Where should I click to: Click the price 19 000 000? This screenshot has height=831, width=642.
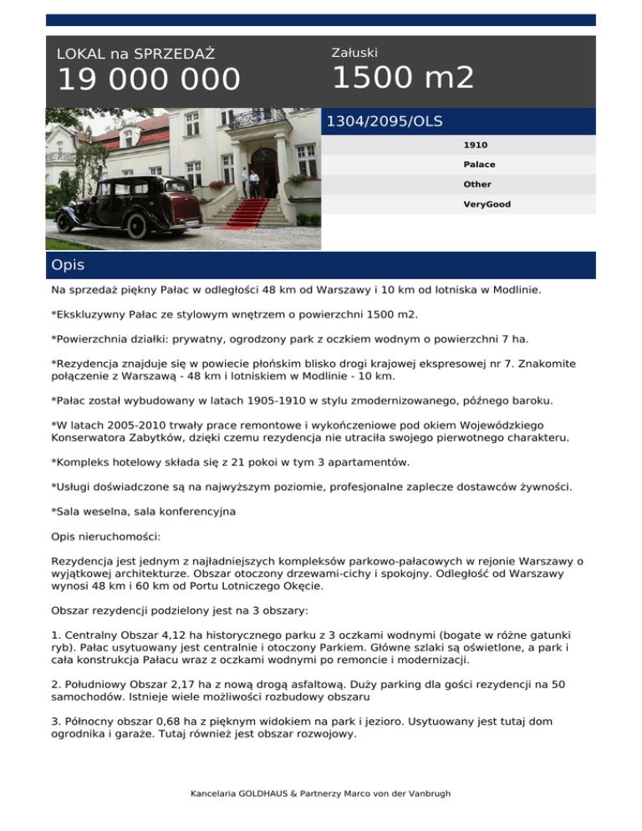[148, 81]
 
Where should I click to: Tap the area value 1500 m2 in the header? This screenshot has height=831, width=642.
[403, 79]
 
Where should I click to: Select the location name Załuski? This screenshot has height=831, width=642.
[354, 53]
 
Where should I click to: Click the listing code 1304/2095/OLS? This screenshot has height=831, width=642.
[384, 122]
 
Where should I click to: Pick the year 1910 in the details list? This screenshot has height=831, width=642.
[476, 145]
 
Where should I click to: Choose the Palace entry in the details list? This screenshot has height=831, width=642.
[479, 165]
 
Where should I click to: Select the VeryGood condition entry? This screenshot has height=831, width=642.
[487, 204]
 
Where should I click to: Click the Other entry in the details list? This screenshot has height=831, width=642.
[477, 184]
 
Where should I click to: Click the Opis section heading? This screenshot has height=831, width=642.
[68, 266]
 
